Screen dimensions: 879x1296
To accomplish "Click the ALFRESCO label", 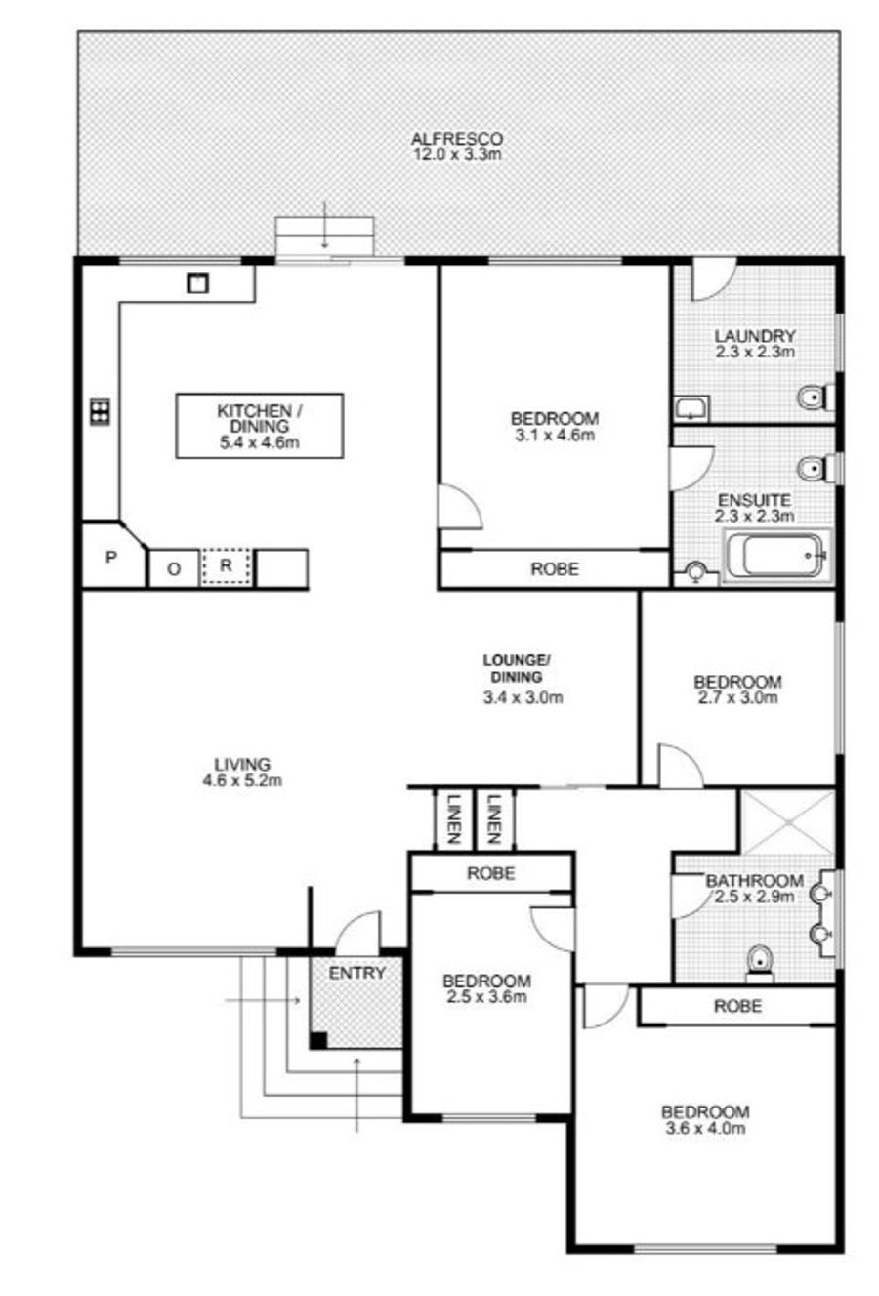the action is pyautogui.click(x=456, y=139).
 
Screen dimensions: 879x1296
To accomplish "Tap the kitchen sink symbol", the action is pyautogui.click(x=197, y=283).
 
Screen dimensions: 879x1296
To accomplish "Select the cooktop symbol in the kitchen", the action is pyautogui.click(x=101, y=412).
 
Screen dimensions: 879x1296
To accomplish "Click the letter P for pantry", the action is pyautogui.click(x=111, y=557).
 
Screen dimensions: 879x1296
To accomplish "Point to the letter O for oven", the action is pyautogui.click(x=174, y=570).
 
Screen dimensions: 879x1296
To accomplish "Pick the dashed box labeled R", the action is pyautogui.click(x=227, y=566).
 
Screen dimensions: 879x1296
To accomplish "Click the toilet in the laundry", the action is pyautogui.click(x=816, y=397).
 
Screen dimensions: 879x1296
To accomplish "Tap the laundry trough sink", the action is pyautogui.click(x=691, y=408).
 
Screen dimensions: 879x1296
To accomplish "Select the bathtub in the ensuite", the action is pyautogui.click(x=776, y=555).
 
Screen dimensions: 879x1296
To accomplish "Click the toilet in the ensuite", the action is pyautogui.click(x=816, y=468).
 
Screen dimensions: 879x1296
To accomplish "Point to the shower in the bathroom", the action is pyautogui.click(x=787, y=822).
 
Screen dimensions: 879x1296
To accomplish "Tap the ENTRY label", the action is pyautogui.click(x=357, y=973).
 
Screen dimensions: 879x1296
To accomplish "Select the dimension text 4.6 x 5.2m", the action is pyautogui.click(x=242, y=780).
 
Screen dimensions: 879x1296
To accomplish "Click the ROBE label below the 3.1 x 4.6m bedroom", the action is pyautogui.click(x=555, y=569).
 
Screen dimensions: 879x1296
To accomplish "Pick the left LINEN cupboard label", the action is pyautogui.click(x=454, y=819).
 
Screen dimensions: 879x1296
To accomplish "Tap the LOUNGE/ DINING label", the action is pyautogui.click(x=518, y=668).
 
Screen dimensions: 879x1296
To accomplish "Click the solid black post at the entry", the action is pyautogui.click(x=317, y=1040).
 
